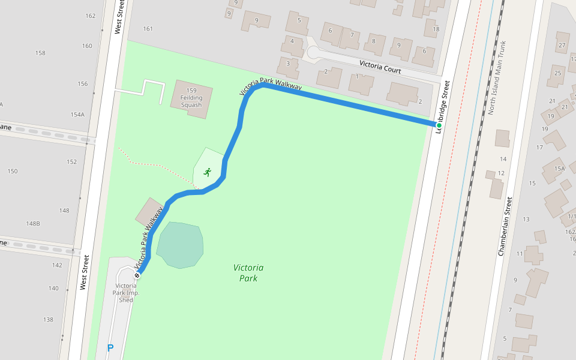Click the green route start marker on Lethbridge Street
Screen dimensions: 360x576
click(439, 125)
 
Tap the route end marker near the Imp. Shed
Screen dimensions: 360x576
click(137, 275)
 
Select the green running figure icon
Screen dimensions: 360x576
click(207, 172)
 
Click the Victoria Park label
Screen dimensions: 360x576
click(248, 272)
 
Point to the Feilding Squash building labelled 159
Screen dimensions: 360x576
click(191, 97)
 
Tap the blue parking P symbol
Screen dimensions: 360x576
click(110, 348)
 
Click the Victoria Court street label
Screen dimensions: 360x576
click(380, 66)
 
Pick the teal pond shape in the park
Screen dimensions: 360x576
click(180, 245)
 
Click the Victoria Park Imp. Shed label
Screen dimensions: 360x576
click(126, 293)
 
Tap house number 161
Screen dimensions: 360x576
click(148, 29)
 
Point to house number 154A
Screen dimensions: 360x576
click(77, 114)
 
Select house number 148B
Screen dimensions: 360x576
click(33, 223)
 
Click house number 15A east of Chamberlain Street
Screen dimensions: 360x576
click(559, 169)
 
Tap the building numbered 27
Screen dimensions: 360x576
click(562, 44)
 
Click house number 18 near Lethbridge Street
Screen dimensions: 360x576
click(436, 29)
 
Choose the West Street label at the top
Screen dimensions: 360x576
click(119, 17)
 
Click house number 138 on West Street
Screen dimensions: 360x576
click(47, 320)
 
